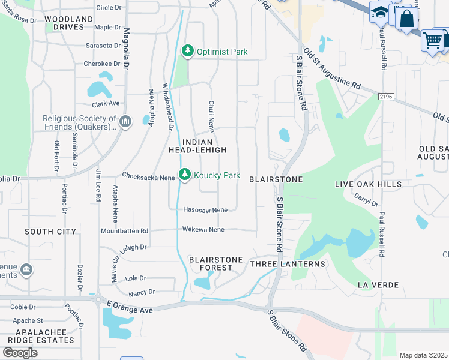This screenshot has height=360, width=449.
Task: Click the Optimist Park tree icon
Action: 188,51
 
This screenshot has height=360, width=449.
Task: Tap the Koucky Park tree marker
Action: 184,175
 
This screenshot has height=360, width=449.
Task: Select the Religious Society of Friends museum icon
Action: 125,122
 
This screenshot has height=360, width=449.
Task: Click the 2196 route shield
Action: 387,96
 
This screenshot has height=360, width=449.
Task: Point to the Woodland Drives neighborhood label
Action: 69,23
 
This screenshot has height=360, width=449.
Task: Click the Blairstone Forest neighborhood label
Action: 216,264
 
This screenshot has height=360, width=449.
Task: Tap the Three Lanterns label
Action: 288,264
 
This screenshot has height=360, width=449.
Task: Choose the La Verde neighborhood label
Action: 378,284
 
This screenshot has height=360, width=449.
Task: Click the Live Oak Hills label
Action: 368,184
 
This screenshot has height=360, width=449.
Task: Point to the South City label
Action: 50,232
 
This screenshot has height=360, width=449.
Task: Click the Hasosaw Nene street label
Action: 205,210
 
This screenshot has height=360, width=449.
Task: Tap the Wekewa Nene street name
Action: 203,229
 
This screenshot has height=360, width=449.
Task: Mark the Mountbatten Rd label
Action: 124,231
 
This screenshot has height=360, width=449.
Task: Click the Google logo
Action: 20,353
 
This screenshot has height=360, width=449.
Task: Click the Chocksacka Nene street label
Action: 148,176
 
